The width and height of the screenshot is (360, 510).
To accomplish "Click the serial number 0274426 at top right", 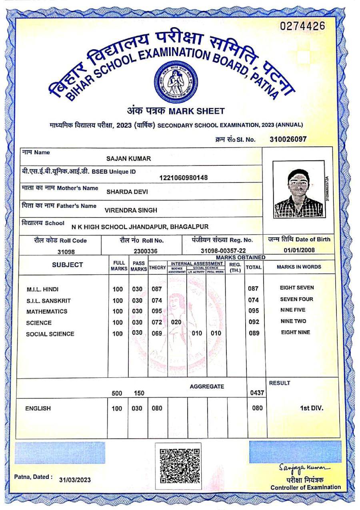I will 302,27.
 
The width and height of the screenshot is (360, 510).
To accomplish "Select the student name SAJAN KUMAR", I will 128,159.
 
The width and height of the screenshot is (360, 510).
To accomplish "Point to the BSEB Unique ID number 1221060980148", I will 183,178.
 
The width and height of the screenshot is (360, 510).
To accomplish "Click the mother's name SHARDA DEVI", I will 127,192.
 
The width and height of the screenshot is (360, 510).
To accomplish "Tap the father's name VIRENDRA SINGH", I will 130,210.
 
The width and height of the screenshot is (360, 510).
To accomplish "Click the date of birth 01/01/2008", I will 299,250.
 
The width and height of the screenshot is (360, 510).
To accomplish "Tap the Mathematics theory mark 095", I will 156,311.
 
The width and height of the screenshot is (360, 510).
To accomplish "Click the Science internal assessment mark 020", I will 176,322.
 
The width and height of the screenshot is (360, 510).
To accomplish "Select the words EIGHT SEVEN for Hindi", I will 297,288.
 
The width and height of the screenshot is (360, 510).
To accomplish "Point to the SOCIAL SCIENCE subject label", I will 50,334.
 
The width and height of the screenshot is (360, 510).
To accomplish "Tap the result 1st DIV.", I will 311,408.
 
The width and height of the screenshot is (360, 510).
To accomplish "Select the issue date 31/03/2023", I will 75,480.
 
